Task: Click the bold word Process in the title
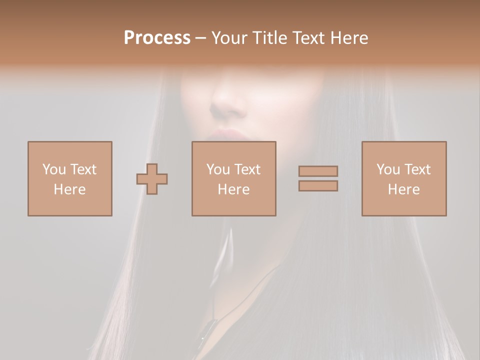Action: pyautogui.click(x=157, y=38)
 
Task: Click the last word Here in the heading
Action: pyautogui.click(x=349, y=38)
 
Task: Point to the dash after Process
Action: pyautogui.click(x=201, y=38)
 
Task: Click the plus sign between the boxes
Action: pyautogui.click(x=152, y=179)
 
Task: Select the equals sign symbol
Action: pyautogui.click(x=318, y=178)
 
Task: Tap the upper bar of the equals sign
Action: pyautogui.click(x=318, y=171)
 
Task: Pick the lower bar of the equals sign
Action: pyautogui.click(x=318, y=186)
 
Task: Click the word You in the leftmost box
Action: pyautogui.click(x=54, y=169)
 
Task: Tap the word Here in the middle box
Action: pyautogui.click(x=234, y=189)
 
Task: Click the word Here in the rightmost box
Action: pyautogui.click(x=404, y=189)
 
